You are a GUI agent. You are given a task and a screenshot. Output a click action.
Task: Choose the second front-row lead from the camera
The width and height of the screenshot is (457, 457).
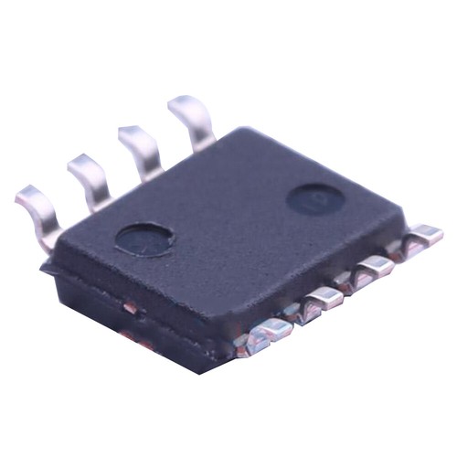coord(319,301)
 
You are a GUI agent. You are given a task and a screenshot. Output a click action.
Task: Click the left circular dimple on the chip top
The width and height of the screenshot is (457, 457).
coord(144,239)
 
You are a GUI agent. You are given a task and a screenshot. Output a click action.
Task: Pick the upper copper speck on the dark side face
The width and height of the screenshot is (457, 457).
coord(130,309)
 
